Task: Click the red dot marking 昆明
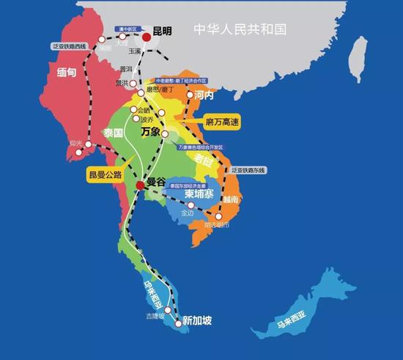click(147, 36)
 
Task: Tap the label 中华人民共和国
click(239, 29)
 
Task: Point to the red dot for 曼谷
click(140, 185)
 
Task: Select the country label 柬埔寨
click(199, 196)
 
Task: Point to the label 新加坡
click(197, 320)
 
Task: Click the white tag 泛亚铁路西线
click(70, 46)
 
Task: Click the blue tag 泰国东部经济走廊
click(189, 186)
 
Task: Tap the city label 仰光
click(75, 143)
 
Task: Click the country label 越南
click(231, 199)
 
